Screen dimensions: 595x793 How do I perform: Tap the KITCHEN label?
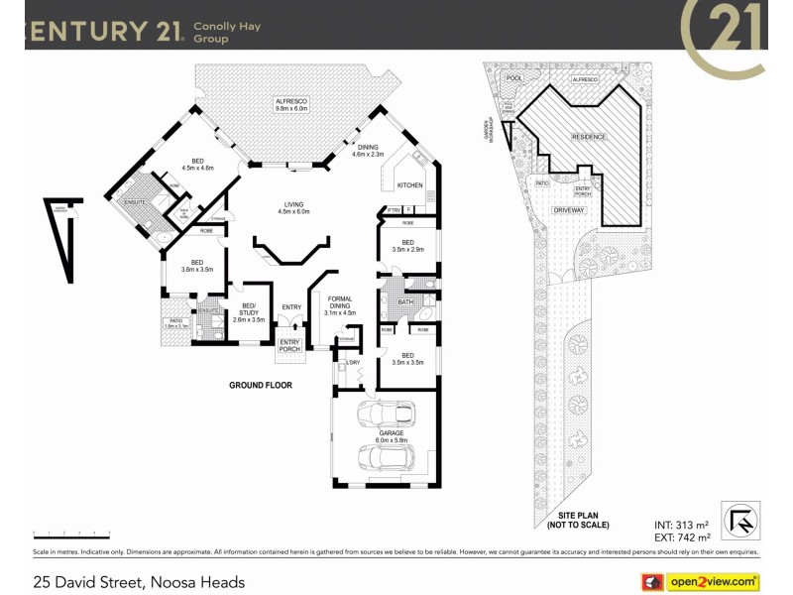point(409,185)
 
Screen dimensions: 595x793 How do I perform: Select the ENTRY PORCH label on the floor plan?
point(289,345)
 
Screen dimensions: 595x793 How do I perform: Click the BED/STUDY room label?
point(249,311)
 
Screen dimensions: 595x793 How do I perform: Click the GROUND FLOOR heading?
point(261,385)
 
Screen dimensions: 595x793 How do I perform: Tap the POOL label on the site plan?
point(512,77)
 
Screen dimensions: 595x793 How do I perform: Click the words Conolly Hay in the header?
point(227,27)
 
